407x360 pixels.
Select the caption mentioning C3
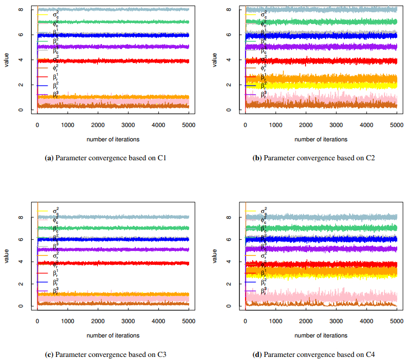106,354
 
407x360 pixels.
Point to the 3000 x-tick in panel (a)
128,125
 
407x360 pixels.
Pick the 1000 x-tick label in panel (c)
68,321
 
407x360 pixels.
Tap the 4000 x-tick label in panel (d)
367,321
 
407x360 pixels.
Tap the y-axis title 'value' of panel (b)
215,59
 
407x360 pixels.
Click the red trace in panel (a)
128,61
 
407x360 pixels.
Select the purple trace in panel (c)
128,250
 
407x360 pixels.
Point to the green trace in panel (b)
333,22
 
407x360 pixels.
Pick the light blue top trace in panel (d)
333,217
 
